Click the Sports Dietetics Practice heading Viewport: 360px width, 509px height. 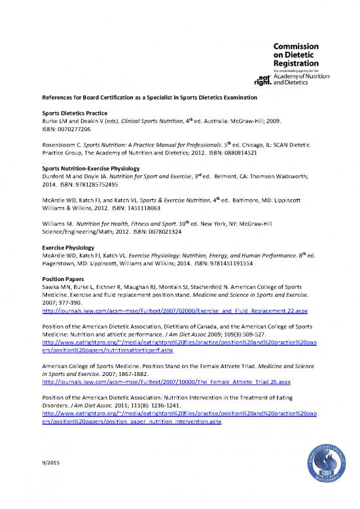pyautogui.click(x=71, y=113)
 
